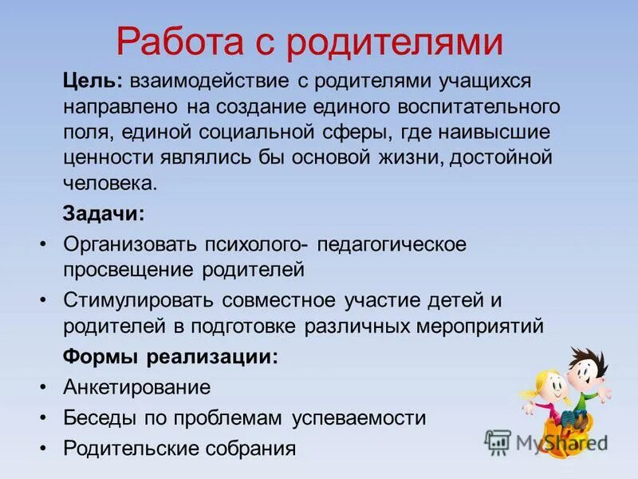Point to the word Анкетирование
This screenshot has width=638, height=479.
(137, 387)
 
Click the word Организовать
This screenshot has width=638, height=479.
(131, 243)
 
